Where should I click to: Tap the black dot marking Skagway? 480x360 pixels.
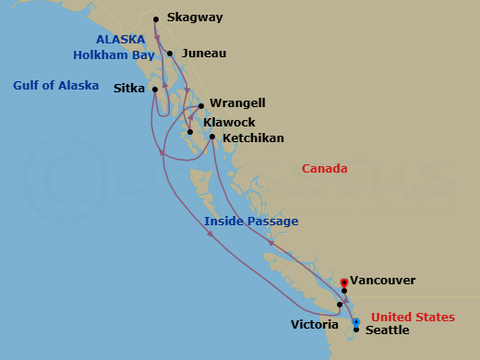tap(156, 18)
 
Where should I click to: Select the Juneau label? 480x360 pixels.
tap(204, 54)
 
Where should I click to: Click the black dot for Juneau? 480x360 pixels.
tap(168, 54)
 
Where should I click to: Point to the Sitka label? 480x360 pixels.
tap(128, 90)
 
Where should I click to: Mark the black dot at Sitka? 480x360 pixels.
tap(154, 90)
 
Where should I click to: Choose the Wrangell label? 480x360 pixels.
tap(235, 104)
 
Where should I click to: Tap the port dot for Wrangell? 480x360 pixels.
tap(201, 105)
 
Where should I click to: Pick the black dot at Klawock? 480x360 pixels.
tap(190, 132)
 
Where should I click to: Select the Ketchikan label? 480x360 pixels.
tap(253, 138)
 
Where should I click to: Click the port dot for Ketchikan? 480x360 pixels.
tap(212, 138)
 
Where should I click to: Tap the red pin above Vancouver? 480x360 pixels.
tap(343, 282)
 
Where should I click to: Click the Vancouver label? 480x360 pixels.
tap(382, 280)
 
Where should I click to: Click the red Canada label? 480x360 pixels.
tap(325, 169)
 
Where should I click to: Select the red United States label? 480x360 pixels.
tap(413, 317)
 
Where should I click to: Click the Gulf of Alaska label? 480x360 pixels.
tap(55, 86)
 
